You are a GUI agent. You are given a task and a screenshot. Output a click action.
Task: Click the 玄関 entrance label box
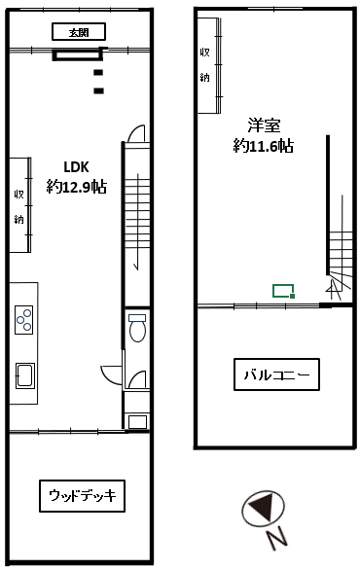[x=79, y=32]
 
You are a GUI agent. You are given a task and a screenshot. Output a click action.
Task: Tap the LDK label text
[x=76, y=167]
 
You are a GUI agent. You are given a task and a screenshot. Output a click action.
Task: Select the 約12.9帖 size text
[x=76, y=187]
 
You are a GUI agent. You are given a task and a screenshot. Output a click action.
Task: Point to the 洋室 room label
[x=265, y=125]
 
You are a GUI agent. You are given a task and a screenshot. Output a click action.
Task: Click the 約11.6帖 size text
[x=264, y=146]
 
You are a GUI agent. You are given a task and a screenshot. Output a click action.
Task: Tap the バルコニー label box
[x=276, y=374]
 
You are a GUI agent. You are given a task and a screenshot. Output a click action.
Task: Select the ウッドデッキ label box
[x=82, y=496]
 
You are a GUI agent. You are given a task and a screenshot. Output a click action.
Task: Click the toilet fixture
[x=137, y=327]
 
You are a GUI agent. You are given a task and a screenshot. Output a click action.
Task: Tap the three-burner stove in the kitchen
[x=24, y=320]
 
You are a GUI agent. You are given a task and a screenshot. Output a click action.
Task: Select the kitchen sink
[x=25, y=375]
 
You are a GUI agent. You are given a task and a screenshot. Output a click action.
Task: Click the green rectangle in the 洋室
[x=283, y=291]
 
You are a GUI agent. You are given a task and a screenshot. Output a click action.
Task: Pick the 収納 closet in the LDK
[x=19, y=204]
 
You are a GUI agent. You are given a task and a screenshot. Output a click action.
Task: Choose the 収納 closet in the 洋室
[x=209, y=65]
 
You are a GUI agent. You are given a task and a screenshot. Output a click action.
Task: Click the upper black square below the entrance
[x=98, y=72]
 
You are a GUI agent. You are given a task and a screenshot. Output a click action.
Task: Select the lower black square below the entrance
[x=99, y=90]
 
